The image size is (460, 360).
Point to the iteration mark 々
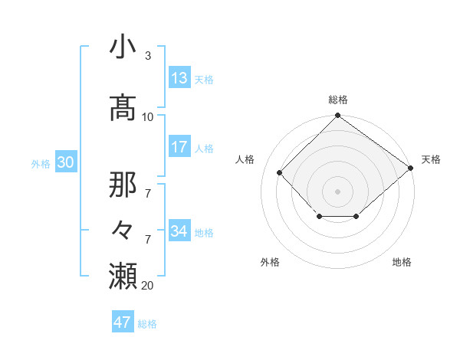pos(123,229)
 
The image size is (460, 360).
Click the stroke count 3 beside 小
pos(147,56)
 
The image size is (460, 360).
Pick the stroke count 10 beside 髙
pos(148,116)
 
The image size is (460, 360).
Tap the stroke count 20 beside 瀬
pos(148,286)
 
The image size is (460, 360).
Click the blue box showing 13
pos(179,77)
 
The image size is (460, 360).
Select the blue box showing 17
pos(179,146)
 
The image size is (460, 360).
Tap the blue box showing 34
pos(179,231)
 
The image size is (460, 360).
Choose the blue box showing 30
pos(65,162)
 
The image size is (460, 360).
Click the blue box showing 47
pos(123,322)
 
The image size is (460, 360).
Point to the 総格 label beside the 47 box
pos(147,324)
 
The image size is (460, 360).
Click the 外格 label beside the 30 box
pos(41,163)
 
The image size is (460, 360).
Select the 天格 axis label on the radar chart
pos(431,159)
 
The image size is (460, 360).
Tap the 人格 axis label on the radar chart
pos(245,159)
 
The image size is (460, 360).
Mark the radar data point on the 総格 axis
pos(337,116)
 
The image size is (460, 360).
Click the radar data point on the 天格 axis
pos(411,168)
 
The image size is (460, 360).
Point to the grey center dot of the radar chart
pos(337,191)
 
